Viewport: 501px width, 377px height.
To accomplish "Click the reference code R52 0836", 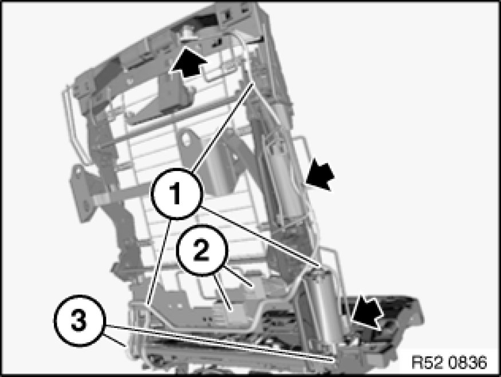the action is click(x=448, y=362).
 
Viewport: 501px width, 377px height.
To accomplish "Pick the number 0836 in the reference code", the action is click(x=466, y=362).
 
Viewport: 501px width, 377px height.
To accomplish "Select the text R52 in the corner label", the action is click(x=428, y=362).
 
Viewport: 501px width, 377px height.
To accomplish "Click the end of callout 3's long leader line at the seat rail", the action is click(x=334, y=359).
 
